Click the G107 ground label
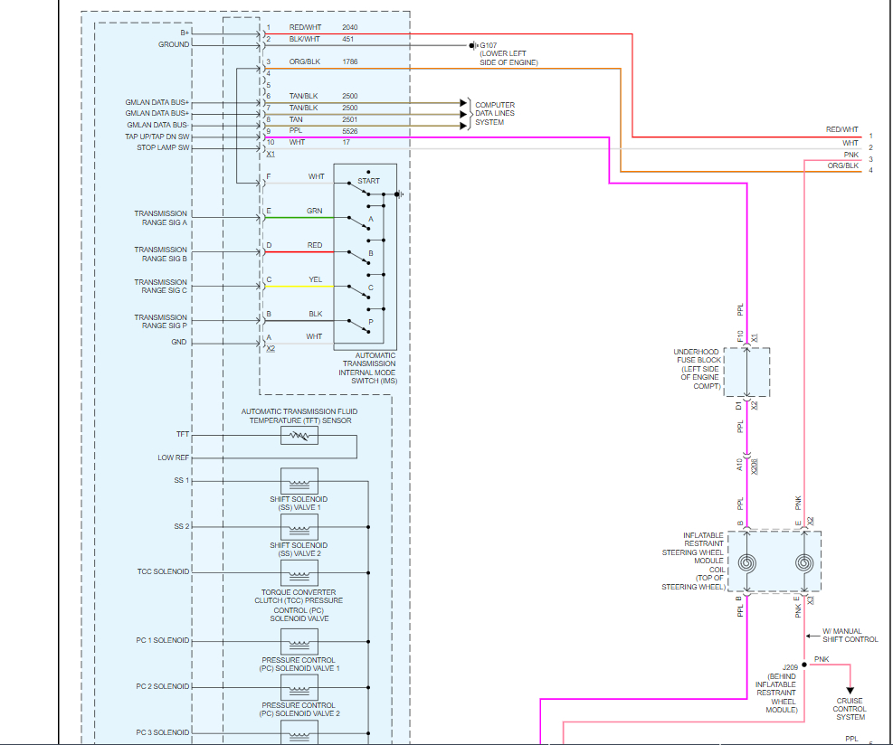click(489, 44)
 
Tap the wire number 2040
click(350, 27)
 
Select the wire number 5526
click(350, 130)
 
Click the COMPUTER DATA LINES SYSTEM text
click(495, 114)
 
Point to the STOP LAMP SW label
click(163, 147)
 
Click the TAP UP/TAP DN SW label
click(157, 137)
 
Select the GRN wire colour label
click(315, 211)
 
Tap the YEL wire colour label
click(315, 280)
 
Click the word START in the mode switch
click(368, 181)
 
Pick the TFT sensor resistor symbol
click(299, 437)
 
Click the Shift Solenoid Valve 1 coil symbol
click(299, 480)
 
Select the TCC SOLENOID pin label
click(163, 571)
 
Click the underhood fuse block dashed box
click(746, 372)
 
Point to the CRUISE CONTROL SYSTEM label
click(850, 709)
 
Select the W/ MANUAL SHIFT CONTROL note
click(850, 635)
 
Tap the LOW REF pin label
click(173, 457)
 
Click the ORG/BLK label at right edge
click(842, 165)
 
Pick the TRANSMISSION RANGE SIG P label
click(161, 321)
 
